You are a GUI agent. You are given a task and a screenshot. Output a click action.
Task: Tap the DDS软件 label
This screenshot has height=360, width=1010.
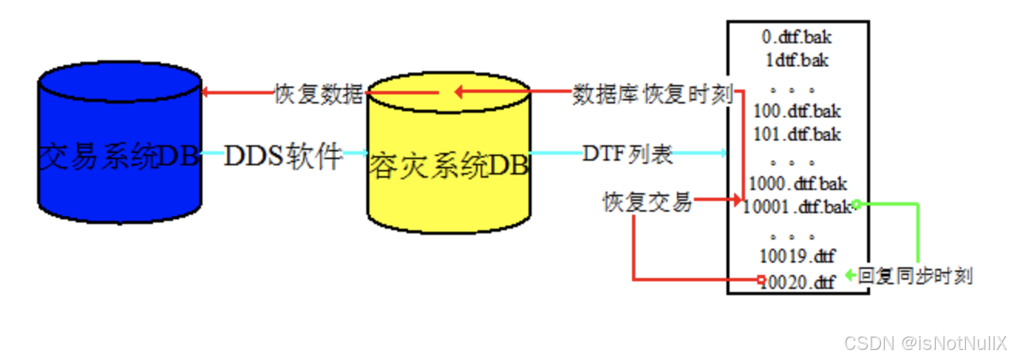pyautogui.click(x=283, y=156)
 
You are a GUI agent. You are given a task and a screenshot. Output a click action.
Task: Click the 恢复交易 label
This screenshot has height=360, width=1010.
pyautogui.click(x=647, y=202)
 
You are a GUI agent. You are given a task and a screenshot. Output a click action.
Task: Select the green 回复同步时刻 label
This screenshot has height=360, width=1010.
pyautogui.click(x=915, y=276)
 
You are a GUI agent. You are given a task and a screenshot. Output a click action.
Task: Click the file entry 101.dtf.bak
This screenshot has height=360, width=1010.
pyautogui.click(x=797, y=134)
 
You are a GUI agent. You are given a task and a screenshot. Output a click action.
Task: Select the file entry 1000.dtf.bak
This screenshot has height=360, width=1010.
pyautogui.click(x=797, y=184)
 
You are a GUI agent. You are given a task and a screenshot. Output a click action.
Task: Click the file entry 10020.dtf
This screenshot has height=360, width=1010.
pyautogui.click(x=799, y=281)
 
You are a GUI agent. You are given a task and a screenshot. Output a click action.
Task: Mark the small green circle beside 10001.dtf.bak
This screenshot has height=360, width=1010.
pyautogui.click(x=856, y=204)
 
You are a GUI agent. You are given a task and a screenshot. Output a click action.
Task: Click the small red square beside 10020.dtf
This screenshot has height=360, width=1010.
pyautogui.click(x=761, y=279)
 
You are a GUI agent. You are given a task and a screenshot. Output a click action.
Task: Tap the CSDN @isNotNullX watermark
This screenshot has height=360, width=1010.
pyautogui.click(x=924, y=342)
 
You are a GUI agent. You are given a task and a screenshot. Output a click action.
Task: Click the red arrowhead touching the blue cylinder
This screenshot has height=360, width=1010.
pyautogui.click(x=205, y=93)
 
